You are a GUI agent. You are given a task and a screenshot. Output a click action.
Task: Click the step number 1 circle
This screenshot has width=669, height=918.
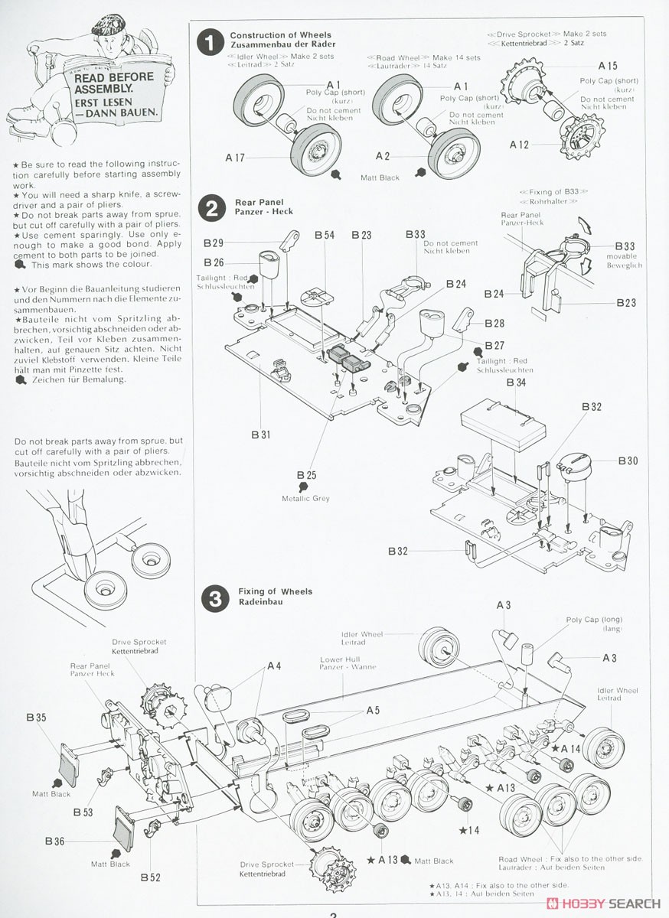click(210, 43)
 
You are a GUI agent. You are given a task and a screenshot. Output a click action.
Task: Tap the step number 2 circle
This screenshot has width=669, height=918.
click(210, 208)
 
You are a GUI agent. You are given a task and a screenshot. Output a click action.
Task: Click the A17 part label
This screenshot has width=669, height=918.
click(235, 158)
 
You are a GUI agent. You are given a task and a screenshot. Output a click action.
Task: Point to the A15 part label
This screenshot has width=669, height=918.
click(608, 66)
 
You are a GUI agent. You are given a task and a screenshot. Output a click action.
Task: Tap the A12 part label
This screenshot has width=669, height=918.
click(519, 144)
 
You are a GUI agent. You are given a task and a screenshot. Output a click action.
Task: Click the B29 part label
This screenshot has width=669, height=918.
click(214, 243)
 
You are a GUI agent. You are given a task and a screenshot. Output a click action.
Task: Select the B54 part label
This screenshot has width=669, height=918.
click(325, 235)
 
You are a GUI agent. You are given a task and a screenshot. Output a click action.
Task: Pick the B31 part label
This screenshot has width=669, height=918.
click(261, 435)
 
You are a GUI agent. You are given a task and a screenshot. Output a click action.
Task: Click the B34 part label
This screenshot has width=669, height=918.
click(516, 382)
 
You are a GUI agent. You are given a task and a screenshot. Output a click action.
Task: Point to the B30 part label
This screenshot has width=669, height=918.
click(628, 461)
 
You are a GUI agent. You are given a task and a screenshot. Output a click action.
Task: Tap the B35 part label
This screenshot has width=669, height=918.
click(36, 718)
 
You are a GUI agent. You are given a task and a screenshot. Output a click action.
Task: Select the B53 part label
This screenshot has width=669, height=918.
click(83, 812)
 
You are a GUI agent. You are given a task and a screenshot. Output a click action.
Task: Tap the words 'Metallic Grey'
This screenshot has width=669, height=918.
click(305, 499)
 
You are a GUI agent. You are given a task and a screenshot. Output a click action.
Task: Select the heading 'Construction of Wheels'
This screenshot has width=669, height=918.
click(281, 35)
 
